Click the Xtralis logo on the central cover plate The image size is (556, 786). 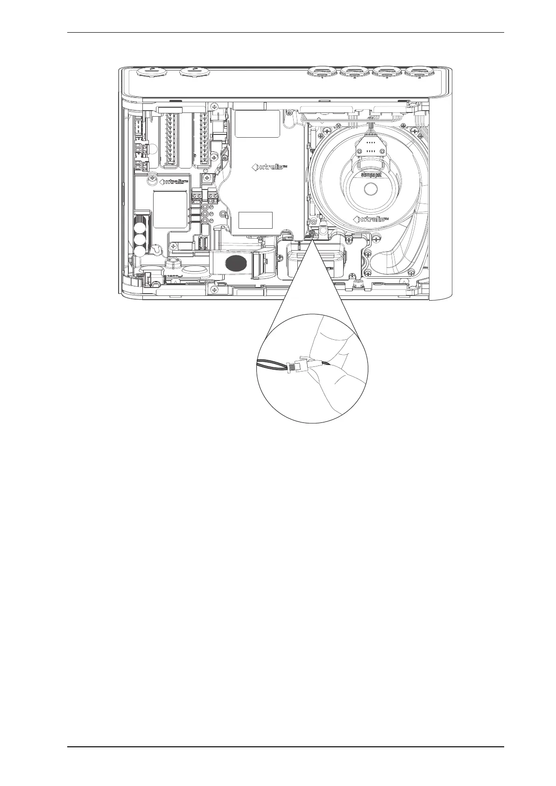tap(269, 167)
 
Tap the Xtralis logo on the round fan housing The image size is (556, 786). tap(371, 219)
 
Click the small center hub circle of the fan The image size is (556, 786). tap(371, 189)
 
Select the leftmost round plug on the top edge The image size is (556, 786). tap(149, 71)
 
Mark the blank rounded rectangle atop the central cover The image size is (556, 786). tap(251, 123)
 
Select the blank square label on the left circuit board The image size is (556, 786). tap(170, 211)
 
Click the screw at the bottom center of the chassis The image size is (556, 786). tap(215, 290)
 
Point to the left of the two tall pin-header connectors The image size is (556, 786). tap(169, 140)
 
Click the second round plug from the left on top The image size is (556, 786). tap(195, 71)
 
